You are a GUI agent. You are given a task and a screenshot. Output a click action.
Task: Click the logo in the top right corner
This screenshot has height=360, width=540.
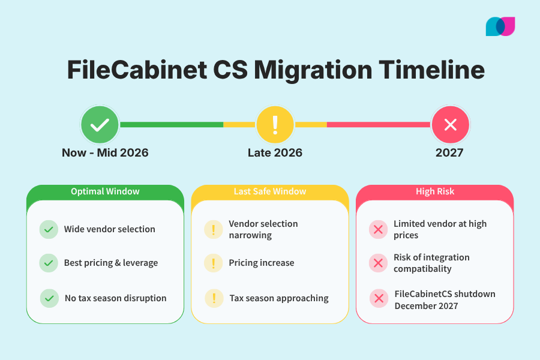500,26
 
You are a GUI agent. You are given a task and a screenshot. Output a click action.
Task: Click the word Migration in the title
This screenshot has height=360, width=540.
311,70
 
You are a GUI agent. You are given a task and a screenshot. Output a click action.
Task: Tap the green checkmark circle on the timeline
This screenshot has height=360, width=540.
100,125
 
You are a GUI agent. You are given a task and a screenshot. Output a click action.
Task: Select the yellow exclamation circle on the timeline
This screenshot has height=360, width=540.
275,125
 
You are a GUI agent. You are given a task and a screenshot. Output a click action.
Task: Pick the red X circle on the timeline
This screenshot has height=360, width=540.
450,125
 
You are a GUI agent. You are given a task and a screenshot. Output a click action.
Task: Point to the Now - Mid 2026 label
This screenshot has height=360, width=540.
105,152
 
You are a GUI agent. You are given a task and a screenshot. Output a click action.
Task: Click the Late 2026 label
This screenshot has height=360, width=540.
275,152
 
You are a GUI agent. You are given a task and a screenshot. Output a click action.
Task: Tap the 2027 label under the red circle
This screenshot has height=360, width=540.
449,152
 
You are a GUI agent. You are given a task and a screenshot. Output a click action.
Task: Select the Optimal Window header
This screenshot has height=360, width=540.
105,191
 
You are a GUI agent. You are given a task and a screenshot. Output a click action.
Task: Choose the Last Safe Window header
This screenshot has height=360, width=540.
270,191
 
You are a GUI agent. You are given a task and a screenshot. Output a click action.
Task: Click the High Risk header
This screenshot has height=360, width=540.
435,191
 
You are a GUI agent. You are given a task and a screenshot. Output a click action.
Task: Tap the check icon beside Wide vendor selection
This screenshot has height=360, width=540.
49,229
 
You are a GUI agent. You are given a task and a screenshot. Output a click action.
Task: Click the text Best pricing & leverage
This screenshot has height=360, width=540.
111,263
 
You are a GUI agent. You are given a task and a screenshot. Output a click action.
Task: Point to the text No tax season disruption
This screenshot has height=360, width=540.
116,298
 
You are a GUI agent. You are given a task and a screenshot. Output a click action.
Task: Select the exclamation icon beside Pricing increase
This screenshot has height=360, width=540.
213,263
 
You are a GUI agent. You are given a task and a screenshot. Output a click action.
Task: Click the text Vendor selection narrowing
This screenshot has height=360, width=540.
263,229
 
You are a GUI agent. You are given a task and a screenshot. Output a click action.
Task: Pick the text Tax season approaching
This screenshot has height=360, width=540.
279,298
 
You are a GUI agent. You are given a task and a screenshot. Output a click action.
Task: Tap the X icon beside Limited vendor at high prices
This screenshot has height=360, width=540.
378,229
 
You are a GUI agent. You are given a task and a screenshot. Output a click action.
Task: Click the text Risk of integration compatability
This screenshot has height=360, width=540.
431,263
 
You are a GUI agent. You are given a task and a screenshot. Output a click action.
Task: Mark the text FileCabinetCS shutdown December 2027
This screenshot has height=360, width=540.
445,300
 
